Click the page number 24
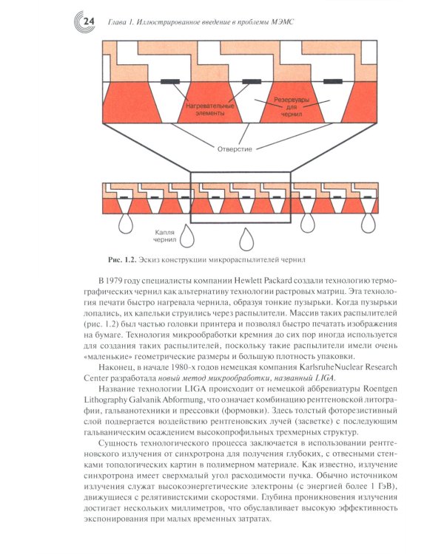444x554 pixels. [87, 25]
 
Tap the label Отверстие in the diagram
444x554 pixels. [234, 148]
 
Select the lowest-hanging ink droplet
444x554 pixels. [246, 239]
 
